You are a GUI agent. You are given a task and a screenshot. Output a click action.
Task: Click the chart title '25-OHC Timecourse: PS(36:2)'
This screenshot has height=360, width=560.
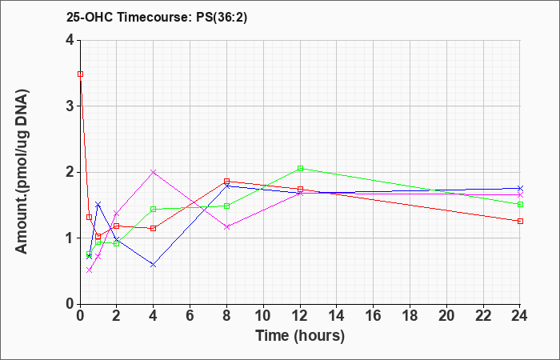[157, 18]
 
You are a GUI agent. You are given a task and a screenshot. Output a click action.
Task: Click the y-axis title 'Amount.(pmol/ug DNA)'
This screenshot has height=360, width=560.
[22, 172]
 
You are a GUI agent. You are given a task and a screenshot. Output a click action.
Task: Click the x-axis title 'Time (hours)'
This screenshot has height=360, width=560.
[300, 336]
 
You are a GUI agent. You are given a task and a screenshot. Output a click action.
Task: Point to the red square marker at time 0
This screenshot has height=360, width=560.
[80, 74]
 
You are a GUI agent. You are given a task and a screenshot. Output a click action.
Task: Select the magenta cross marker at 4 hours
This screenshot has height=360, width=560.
[154, 172]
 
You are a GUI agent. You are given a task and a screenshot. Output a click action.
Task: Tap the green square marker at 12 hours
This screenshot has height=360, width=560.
[300, 168]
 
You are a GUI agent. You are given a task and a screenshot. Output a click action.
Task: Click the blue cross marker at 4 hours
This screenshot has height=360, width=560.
[154, 265]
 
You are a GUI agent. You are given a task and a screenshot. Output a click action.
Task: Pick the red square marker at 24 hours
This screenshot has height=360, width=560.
[520, 221]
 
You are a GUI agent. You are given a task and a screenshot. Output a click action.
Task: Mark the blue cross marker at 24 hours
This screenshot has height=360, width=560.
[520, 188]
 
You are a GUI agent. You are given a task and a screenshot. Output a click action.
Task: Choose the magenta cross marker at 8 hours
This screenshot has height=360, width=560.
[226, 226]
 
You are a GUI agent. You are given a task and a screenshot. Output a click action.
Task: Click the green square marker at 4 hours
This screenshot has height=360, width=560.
[154, 209]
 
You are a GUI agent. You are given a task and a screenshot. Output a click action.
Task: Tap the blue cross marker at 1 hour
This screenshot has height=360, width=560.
[98, 204]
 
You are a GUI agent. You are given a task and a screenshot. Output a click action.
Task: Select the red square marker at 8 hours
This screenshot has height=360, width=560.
[226, 181]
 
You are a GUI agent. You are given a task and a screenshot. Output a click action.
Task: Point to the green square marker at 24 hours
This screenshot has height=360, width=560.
[520, 204]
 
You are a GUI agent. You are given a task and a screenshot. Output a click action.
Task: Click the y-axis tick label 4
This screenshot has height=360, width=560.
[70, 40]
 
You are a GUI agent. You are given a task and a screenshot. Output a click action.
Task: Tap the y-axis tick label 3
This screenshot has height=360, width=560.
[70, 106]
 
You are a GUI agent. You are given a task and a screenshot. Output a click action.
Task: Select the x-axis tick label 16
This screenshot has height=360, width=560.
[374, 316]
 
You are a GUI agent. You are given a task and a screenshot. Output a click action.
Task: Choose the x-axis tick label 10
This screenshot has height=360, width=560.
[263, 316]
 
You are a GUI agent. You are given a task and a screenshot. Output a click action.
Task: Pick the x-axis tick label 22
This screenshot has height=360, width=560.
[483, 316]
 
